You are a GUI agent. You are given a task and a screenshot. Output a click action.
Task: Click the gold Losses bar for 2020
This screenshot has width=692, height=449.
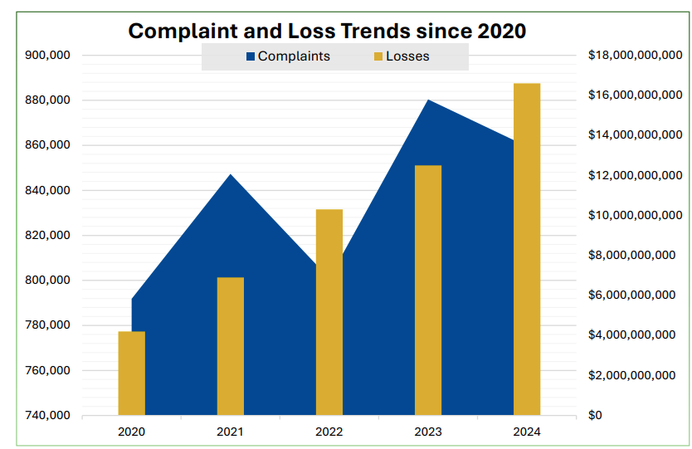pyautogui.click(x=131, y=373)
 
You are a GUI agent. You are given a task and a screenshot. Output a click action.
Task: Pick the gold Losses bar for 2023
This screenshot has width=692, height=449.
pyautogui.click(x=427, y=290)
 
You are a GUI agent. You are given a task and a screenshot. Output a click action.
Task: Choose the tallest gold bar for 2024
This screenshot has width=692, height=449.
pyautogui.click(x=527, y=248)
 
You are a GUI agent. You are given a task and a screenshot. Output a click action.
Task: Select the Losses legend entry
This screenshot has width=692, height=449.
pyautogui.click(x=407, y=56)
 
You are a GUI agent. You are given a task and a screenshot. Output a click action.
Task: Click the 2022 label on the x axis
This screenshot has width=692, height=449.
pyautogui.click(x=329, y=432)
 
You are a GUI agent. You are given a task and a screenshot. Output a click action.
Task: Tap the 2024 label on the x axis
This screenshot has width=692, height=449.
pyautogui.click(x=527, y=432)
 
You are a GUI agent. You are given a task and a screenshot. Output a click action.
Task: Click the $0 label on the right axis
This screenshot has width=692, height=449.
pyautogui.click(x=595, y=415)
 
